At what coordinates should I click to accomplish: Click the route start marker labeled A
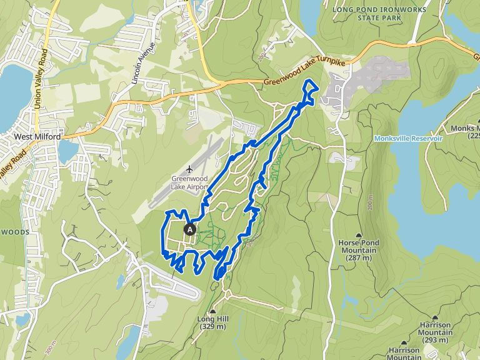coord(191,229)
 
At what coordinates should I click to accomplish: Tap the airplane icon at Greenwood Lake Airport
coord(190,169)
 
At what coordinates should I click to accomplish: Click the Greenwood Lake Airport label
coord(189,182)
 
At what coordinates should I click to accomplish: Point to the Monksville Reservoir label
coord(408,138)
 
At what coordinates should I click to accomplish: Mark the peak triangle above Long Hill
coord(213,311)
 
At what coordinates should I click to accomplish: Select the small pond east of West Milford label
coord(66,151)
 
